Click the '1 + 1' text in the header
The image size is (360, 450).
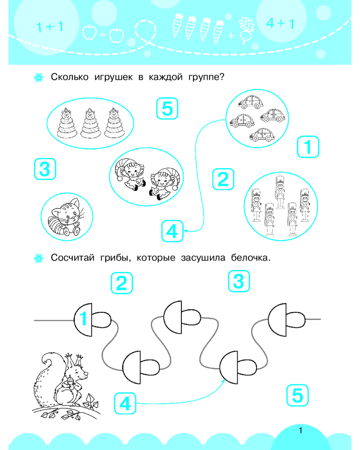tap(49, 27)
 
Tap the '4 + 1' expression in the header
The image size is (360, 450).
tap(280, 23)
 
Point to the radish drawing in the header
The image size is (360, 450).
tap(246, 30)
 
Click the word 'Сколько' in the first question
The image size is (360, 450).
tap(69, 77)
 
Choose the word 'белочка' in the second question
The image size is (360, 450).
tap(251, 257)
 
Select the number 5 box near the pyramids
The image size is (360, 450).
tap(167, 108)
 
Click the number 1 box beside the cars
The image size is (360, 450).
tap(308, 147)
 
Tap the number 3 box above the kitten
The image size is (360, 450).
tap(45, 169)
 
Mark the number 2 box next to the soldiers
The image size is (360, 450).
tap(223, 179)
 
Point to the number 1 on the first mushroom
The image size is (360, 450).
tap(83, 319)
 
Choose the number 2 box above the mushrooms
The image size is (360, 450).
tap(121, 283)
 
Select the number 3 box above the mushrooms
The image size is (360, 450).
tap(239, 281)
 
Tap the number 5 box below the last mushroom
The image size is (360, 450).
tap(297, 395)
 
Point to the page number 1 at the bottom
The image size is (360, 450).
tap(301, 430)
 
